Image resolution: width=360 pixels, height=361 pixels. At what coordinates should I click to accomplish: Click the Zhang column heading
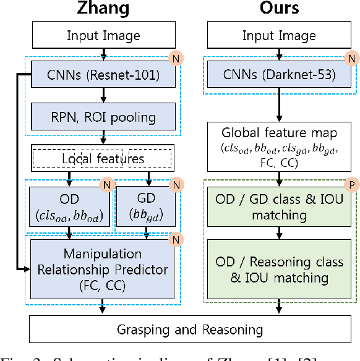coord(103,9)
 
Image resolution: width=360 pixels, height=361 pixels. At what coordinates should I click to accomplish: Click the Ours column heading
coord(280,9)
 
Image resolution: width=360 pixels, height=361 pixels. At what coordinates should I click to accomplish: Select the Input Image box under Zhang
coord(103,36)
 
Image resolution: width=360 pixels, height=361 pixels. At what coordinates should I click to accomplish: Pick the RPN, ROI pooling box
coord(103,116)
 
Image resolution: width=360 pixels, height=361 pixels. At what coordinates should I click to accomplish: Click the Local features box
coord(103,158)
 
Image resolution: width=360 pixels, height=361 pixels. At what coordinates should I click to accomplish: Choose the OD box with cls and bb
coord(69,206)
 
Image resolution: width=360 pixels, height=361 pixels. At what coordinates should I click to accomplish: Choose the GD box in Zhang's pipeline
coord(146,206)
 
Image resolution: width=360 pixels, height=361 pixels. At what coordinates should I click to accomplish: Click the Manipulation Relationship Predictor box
coord(103,269)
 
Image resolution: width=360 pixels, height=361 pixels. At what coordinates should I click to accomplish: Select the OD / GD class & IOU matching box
coord(280,207)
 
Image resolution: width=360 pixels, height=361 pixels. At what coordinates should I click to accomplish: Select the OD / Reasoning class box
coord(280,270)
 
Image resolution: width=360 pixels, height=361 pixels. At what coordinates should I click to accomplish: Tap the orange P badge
coord(349,184)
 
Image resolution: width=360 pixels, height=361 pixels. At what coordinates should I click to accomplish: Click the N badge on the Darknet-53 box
coord(351,60)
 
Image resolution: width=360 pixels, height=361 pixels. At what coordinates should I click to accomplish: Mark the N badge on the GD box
coord(174,184)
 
